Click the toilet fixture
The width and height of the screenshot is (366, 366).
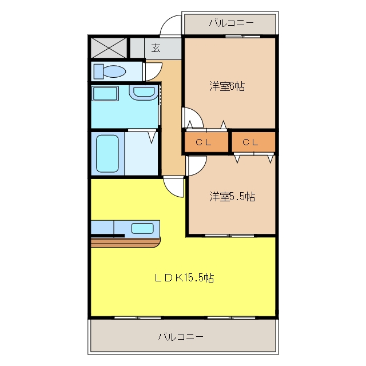pos(109,71)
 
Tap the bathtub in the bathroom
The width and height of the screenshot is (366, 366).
pos(108,154)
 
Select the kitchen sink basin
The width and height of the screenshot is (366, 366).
pos(142,228)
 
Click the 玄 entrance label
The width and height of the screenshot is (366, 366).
pos(156,48)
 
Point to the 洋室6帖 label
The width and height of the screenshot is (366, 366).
pos(227,86)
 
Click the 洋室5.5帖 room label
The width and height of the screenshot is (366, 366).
pos(232,196)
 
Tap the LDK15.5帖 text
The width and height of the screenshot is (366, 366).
pos(184,278)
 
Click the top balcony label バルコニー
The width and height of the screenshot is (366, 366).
pos(231,23)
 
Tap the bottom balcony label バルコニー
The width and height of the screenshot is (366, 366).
pos(181,337)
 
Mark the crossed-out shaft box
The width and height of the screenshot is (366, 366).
pos(109,48)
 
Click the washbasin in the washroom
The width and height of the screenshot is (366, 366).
pos(144,93)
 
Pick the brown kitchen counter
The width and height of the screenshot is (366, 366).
pos(126,242)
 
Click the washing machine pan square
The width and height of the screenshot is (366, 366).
pos(105,93)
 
